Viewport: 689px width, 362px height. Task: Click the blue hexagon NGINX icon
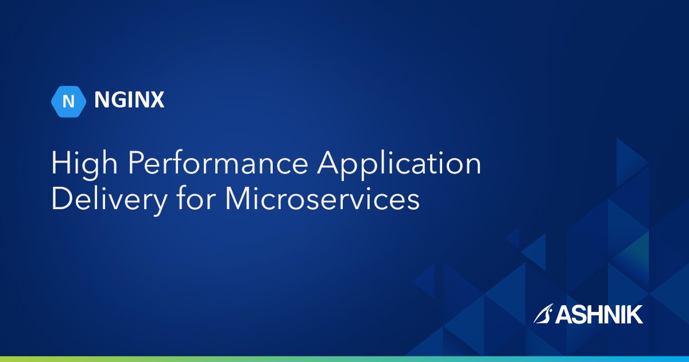coord(68,101)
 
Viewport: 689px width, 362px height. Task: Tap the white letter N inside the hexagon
coord(68,101)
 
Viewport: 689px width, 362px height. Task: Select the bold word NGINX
coord(129,101)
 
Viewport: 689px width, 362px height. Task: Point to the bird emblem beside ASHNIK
coord(543,314)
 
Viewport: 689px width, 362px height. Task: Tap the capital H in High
coord(60,164)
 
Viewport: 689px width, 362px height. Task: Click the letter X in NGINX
coord(157,101)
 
